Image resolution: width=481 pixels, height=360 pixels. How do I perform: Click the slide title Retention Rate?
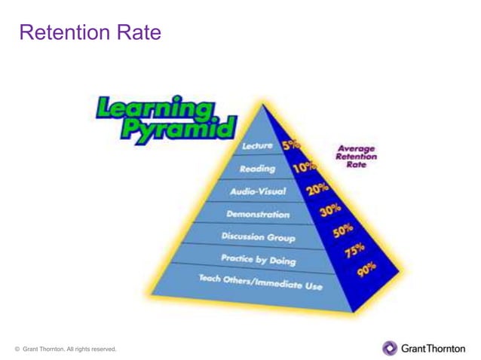tap(90, 33)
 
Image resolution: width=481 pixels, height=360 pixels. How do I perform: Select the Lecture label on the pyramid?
tap(258, 145)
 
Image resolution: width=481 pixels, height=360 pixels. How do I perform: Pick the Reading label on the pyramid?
tap(256, 169)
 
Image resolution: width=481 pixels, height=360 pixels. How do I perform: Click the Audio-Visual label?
tap(258, 191)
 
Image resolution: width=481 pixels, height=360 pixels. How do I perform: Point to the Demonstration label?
tap(257, 214)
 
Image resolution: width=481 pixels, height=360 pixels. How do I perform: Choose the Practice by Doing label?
tap(258, 260)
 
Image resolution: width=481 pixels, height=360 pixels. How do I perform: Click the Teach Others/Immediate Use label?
tap(259, 282)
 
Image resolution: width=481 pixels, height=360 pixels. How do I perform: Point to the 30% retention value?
tap(330, 211)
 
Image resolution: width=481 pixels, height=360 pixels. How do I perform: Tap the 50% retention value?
tap(343, 231)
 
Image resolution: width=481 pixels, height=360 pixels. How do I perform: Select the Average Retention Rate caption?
tap(356, 156)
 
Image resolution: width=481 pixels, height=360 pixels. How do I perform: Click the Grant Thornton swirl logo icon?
tap(390, 348)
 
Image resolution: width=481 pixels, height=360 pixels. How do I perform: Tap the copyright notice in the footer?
tap(66, 349)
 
